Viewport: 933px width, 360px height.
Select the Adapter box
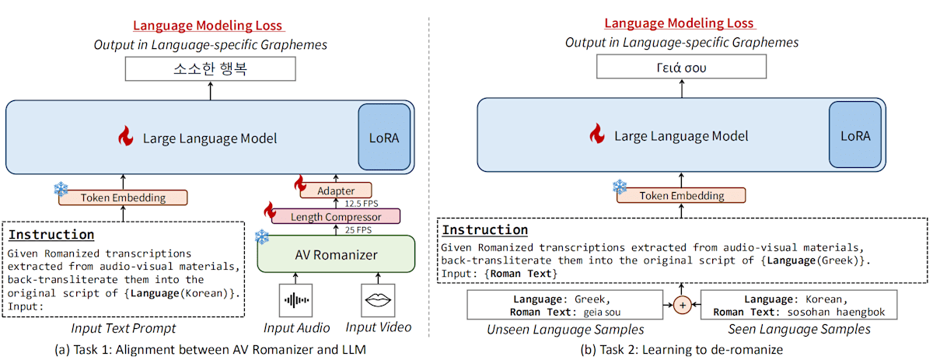pos(337,190)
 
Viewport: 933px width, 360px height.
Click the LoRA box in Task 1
pos(383,137)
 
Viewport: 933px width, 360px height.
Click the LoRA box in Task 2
pos(856,135)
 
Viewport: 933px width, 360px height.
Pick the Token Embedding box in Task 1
pos(123,197)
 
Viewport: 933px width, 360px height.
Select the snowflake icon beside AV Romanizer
pos(263,236)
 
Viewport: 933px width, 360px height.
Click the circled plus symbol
pos(682,305)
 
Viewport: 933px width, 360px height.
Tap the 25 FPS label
pos(358,230)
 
